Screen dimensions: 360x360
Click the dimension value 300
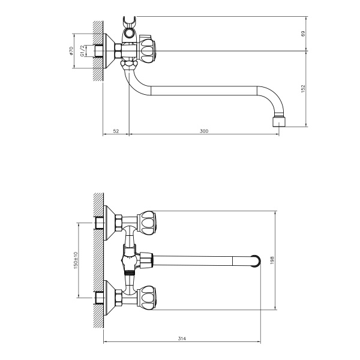tap(203, 131)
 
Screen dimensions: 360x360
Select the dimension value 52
tap(116, 131)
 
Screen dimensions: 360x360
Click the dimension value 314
tap(182, 339)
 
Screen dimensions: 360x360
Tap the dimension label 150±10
tap(76, 259)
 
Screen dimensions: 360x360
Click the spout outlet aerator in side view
tap(279, 121)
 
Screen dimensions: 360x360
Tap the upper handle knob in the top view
tap(148, 221)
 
